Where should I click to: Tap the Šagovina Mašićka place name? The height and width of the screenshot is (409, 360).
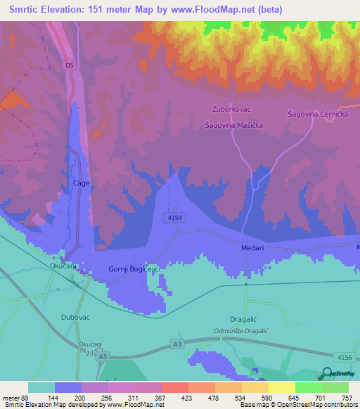[x=233, y=124]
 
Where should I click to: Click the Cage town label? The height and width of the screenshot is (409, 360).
[x=81, y=183]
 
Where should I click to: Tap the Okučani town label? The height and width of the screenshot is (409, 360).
[x=63, y=267]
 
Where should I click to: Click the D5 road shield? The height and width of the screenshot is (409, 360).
[x=69, y=66]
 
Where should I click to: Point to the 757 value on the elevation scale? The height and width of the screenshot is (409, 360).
[x=346, y=397]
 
